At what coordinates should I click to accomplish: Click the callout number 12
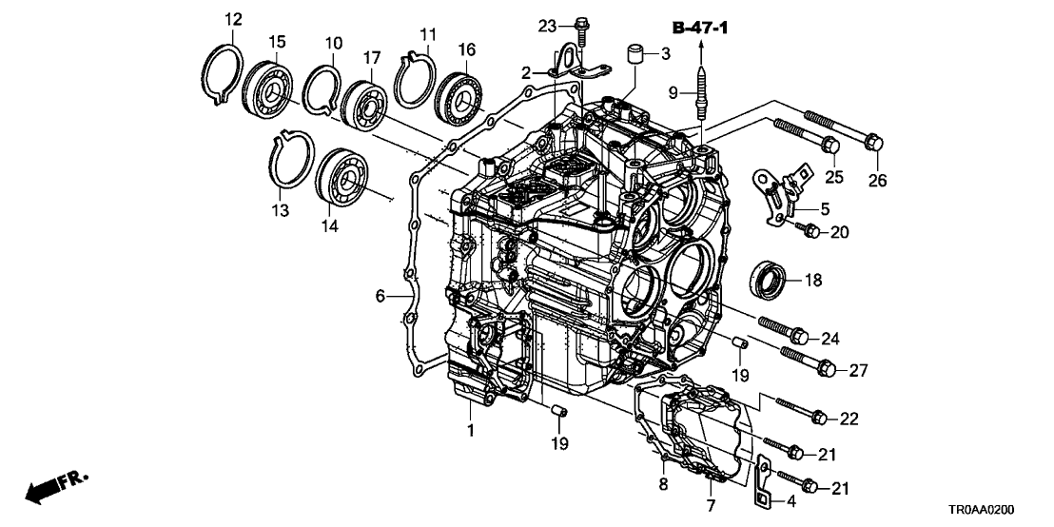point(233,18)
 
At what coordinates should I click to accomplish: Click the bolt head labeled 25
point(829,145)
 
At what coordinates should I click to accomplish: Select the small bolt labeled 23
point(581,27)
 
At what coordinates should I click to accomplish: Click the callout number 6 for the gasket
point(380,296)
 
